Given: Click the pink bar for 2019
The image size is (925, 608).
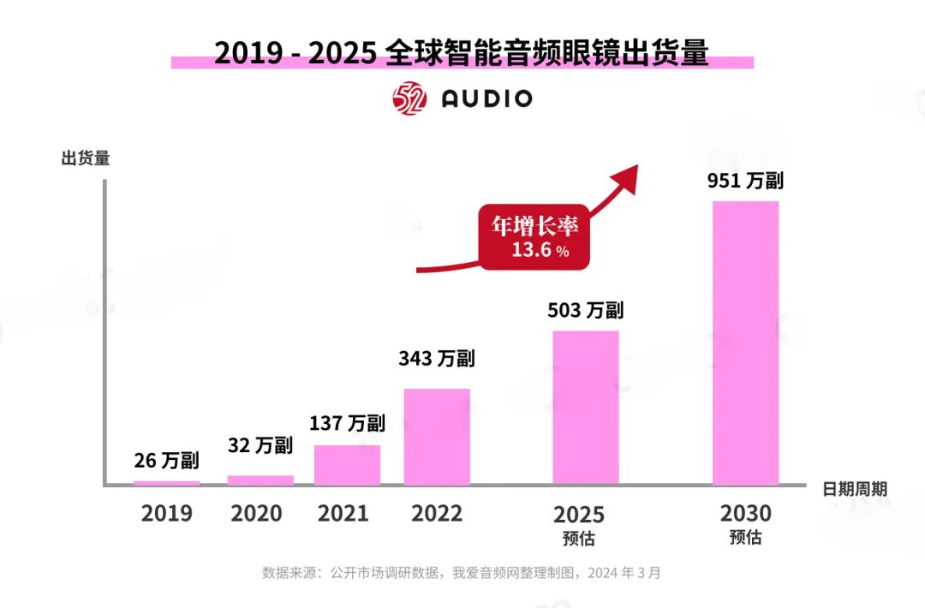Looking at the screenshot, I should (x=167, y=483).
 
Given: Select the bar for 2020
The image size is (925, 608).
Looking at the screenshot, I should (x=260, y=480).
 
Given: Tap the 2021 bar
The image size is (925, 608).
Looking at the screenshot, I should (x=347, y=465).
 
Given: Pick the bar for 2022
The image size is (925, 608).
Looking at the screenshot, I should (x=437, y=437).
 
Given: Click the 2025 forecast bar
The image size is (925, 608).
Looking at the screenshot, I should (x=586, y=408).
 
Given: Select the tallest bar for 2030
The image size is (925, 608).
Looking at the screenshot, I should (x=745, y=343).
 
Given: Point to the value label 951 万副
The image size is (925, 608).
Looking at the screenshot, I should (x=745, y=182).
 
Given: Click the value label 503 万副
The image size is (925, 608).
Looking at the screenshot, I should (x=586, y=310).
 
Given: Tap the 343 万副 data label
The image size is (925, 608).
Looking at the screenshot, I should (x=437, y=358).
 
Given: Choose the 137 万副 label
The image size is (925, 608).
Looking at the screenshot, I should (x=347, y=422).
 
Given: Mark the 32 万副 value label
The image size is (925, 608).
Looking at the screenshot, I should (x=260, y=445).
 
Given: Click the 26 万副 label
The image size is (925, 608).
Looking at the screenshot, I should (x=167, y=461).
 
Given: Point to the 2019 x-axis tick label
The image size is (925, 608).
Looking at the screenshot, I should (x=167, y=513).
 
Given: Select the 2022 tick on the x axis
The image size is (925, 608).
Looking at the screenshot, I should (x=437, y=513).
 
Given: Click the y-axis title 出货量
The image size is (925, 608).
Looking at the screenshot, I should (x=86, y=158).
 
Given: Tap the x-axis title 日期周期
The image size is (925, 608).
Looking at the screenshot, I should (x=855, y=489).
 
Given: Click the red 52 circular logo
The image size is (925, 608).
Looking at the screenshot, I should (x=409, y=98).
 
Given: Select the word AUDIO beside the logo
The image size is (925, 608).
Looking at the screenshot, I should (x=486, y=98).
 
